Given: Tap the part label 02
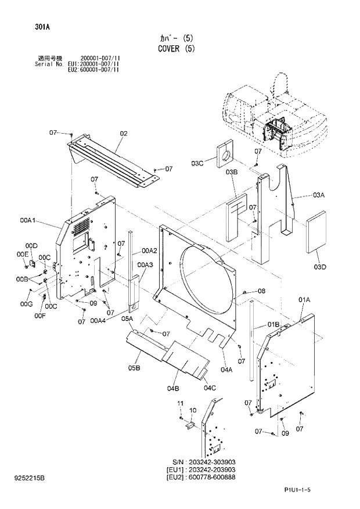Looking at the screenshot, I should (123, 134).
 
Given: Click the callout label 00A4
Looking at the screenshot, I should (98, 320).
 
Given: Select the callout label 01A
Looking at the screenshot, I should (305, 299).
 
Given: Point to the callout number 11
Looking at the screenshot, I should (180, 403).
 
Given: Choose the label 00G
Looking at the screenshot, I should (26, 304).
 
